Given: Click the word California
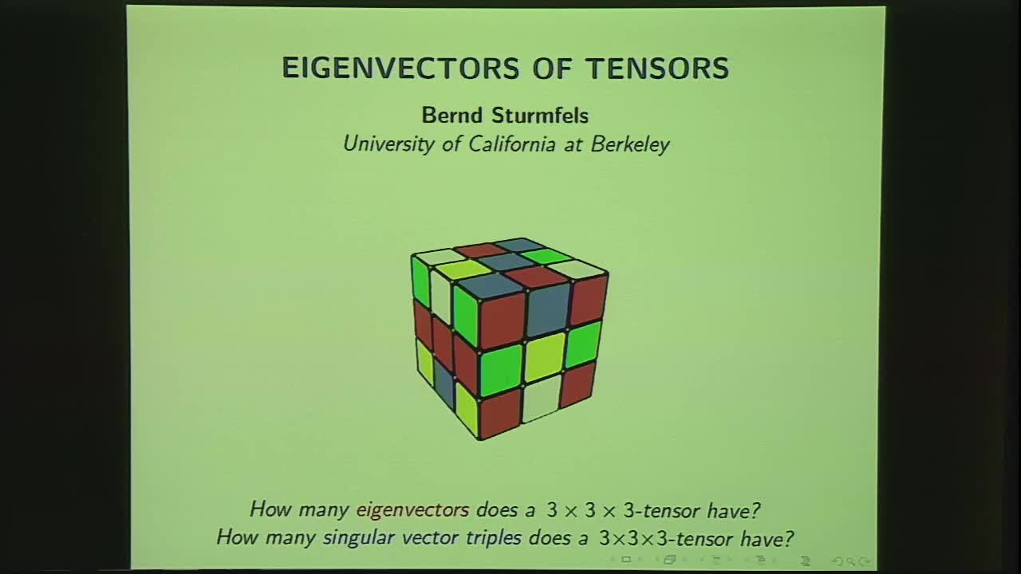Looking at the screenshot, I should click(506, 144).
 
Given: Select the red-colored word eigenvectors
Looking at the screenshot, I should click(412, 509).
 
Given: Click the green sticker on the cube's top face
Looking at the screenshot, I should click(547, 257).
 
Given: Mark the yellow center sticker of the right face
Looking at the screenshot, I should click(544, 356).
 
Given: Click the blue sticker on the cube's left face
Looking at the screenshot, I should click(443, 384).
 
